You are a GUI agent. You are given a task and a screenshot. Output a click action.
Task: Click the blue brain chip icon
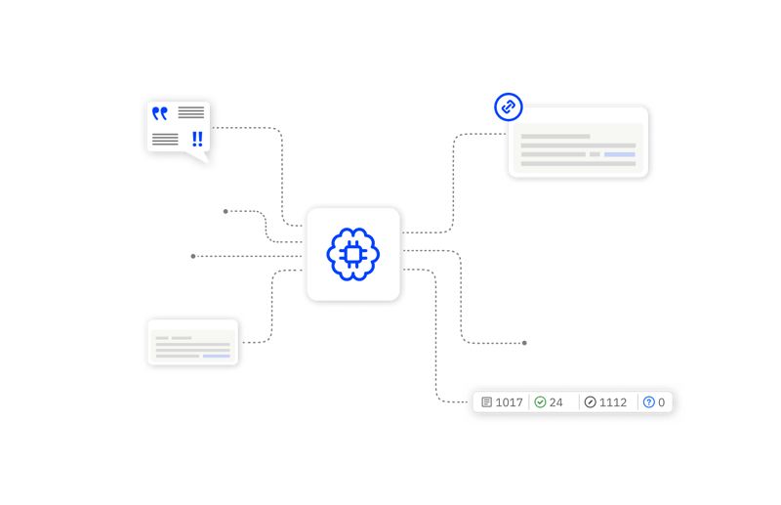[x=353, y=254]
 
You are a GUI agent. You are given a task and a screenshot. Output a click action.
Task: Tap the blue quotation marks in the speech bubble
[x=160, y=113]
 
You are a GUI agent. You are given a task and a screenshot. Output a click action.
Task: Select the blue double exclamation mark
[x=197, y=139]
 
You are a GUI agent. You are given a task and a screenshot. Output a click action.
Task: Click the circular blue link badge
[x=508, y=106]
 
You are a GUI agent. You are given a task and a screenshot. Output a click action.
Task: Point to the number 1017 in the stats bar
[x=510, y=402]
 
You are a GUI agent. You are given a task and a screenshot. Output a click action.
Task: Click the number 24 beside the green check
[x=556, y=402]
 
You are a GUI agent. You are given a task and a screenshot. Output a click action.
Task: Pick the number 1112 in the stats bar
[x=613, y=402]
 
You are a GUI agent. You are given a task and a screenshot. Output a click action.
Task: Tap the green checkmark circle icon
[x=540, y=402]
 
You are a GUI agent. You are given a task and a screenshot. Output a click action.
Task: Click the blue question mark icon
[x=648, y=402]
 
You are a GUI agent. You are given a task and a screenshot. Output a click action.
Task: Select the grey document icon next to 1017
[x=486, y=402]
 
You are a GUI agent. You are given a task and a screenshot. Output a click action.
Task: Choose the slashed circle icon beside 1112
[x=590, y=402]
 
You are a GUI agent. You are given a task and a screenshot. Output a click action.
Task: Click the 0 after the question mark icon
[x=661, y=402]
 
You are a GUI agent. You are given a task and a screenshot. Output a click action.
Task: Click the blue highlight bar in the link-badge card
[x=620, y=154]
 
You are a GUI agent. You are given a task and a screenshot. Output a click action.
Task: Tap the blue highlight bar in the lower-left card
[x=217, y=357]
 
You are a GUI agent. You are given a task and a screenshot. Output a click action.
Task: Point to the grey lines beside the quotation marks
[x=191, y=112]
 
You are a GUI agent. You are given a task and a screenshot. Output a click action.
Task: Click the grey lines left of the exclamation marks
[x=165, y=139]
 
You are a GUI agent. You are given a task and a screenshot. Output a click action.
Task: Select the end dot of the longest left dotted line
[x=193, y=256]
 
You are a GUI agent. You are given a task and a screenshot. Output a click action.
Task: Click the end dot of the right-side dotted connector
[x=524, y=343]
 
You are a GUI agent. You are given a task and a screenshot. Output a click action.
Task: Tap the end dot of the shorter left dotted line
[x=226, y=211]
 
